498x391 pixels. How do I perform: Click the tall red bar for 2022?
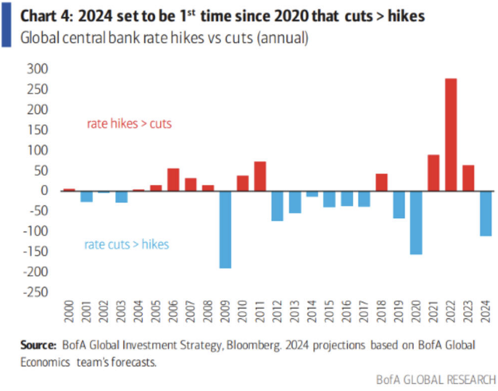(450, 134)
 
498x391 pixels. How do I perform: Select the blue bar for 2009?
(225, 229)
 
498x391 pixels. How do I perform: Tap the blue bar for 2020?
(416, 222)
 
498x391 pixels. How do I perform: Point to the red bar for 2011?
(260, 176)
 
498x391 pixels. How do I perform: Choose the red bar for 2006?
(173, 180)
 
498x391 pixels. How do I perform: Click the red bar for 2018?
(381, 182)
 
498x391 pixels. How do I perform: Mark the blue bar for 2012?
(277, 205)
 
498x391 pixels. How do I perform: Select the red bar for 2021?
(433, 173)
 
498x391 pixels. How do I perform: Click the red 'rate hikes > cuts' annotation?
(129, 124)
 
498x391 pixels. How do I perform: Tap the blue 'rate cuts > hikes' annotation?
(126, 244)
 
